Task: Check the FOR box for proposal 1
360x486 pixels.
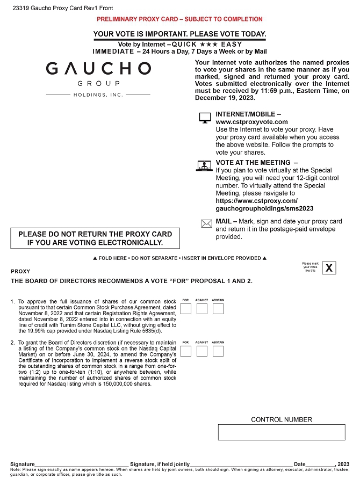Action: (186, 309)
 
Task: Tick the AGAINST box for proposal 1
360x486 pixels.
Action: (202, 309)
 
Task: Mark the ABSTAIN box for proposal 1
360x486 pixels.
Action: (218, 309)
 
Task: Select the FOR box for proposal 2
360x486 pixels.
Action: (186, 351)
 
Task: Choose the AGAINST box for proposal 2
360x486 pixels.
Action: (202, 351)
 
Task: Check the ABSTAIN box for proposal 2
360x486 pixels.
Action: (218, 351)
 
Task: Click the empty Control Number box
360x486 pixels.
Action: (282, 432)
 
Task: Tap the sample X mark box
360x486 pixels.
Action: (329, 267)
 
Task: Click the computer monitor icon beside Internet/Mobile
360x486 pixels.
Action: (205, 118)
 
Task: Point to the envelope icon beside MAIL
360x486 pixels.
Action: (206, 224)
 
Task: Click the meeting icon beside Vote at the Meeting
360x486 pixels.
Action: (205, 166)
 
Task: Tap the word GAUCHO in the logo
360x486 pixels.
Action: (98, 68)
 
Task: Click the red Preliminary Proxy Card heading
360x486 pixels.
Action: (179, 19)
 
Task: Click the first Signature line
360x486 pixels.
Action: (82, 463)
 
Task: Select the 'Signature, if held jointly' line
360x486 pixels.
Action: (241, 463)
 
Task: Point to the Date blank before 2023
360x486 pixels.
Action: (320, 463)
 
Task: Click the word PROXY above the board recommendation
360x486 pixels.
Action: (20, 271)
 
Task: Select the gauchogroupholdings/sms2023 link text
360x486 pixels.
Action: (264, 208)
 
